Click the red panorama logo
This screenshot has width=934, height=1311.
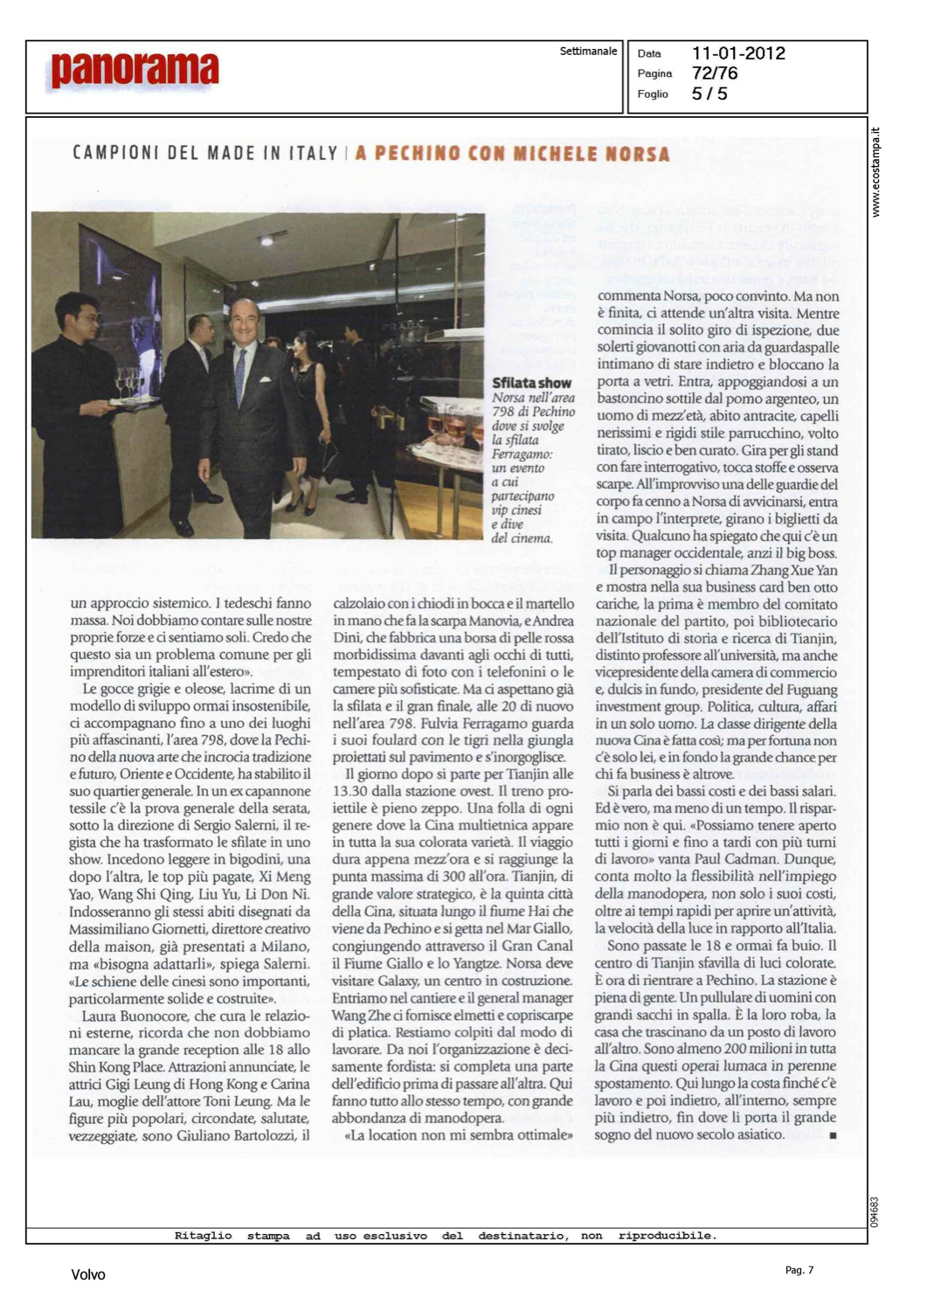pyautogui.click(x=135, y=71)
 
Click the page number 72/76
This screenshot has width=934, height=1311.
pyautogui.click(x=714, y=73)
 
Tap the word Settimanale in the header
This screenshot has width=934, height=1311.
pyautogui.click(x=588, y=52)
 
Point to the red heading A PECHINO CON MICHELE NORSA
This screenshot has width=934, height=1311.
pyautogui.click(x=512, y=155)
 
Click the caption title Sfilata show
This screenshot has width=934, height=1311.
pyautogui.click(x=531, y=383)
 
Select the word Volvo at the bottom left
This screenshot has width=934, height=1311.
pyautogui.click(x=87, y=1274)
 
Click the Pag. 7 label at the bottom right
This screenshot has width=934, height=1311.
pyautogui.click(x=799, y=1270)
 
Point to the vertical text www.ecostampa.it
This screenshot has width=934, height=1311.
pyautogui.click(x=876, y=172)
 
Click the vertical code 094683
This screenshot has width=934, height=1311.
pyautogui.click(x=875, y=1211)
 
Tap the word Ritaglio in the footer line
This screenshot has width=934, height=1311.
pyautogui.click(x=203, y=1236)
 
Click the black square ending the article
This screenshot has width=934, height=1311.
pyautogui.click(x=833, y=1135)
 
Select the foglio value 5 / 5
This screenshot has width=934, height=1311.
pyautogui.click(x=709, y=94)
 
